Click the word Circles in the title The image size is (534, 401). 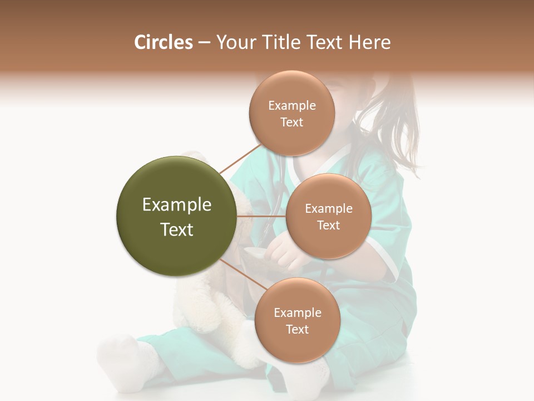(x=163, y=42)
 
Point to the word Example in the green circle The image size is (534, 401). (x=177, y=205)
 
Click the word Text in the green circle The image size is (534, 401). (x=177, y=229)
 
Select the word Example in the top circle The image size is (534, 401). (x=292, y=106)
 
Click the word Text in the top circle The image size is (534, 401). (x=292, y=123)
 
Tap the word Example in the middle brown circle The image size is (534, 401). (x=329, y=209)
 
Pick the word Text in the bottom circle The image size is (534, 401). (x=297, y=330)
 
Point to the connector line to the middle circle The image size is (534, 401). (x=261, y=216)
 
